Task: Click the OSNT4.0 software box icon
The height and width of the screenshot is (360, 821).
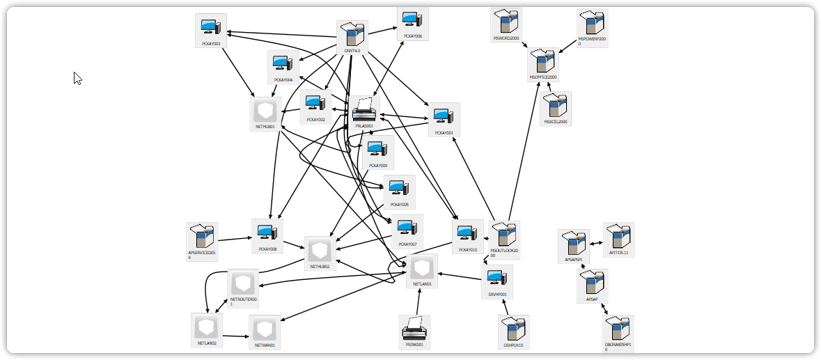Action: pos(352,34)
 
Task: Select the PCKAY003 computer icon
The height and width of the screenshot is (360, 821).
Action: pos(210,27)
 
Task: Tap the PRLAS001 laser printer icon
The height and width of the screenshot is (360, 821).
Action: pos(364,109)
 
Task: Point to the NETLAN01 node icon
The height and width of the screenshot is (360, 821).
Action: pos(422,267)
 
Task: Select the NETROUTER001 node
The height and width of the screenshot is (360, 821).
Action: pos(243,283)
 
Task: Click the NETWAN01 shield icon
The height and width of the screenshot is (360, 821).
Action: pos(265,328)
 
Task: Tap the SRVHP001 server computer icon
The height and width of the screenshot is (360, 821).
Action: pos(496,279)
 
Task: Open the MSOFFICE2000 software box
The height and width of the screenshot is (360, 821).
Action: pos(543,62)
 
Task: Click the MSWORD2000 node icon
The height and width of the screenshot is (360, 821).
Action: pos(506,23)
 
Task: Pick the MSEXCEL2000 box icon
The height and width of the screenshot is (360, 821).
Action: pos(555,105)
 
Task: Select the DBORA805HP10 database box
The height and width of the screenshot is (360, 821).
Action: pos(618,329)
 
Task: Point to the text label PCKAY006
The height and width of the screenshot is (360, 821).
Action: pos(413,36)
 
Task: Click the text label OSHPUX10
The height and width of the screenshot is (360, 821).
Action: pos(514,345)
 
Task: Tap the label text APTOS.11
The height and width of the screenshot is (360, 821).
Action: pos(619,253)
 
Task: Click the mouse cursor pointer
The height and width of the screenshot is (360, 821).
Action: pos(77,77)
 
